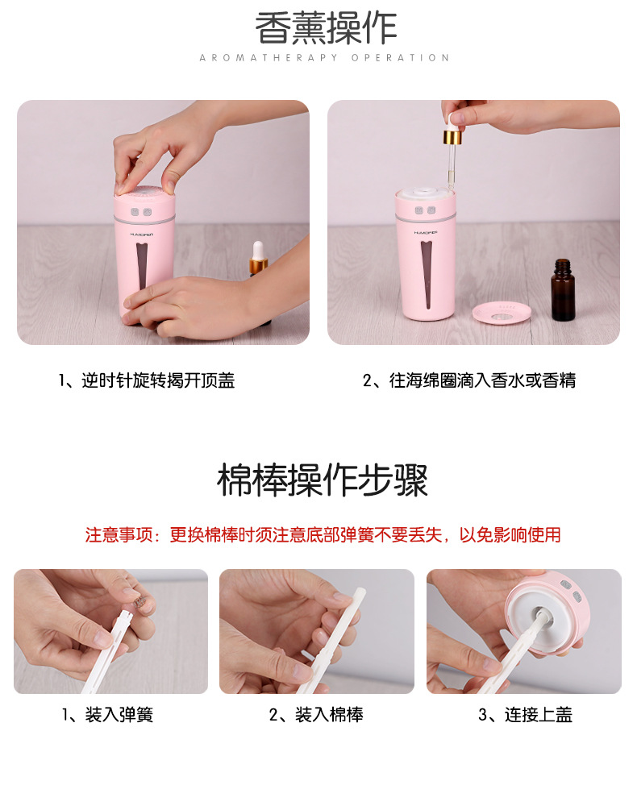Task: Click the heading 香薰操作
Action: click(x=326, y=29)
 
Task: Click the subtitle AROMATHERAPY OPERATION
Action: click(x=324, y=58)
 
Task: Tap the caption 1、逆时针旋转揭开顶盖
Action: click(x=147, y=380)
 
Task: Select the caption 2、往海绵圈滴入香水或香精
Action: click(x=469, y=380)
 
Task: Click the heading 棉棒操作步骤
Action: click(x=323, y=480)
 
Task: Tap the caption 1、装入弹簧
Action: click(x=108, y=714)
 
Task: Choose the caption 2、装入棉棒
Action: click(x=316, y=714)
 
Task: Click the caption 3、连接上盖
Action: click(x=525, y=714)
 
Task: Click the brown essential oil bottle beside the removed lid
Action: click(x=563, y=291)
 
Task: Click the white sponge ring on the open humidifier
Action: click(x=424, y=191)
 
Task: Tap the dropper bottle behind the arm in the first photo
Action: click(x=258, y=260)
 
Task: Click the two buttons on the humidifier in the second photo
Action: click(x=425, y=212)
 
